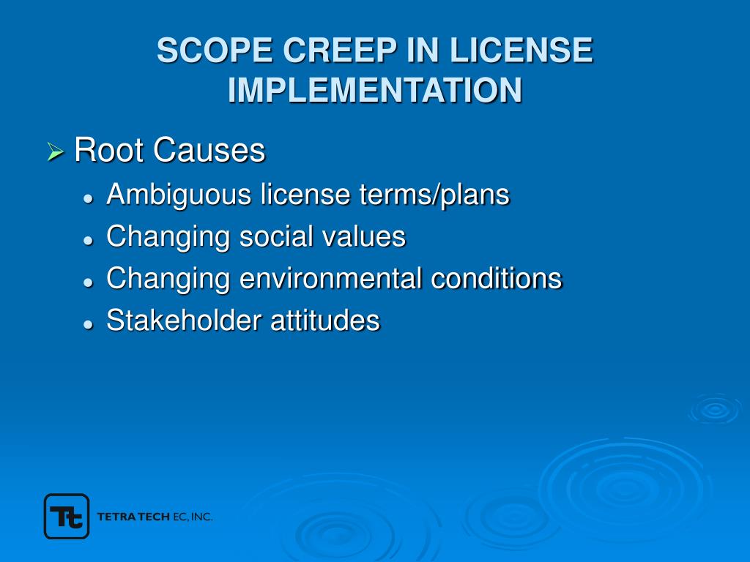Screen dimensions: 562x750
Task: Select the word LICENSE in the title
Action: [x=521, y=51]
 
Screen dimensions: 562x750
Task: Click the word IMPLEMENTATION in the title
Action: [x=375, y=90]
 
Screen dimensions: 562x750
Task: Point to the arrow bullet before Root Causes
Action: [x=56, y=153]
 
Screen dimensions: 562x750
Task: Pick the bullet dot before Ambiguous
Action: [x=88, y=198]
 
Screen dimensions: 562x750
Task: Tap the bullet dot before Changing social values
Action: [x=88, y=240]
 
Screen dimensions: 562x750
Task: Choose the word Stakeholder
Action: [x=184, y=321]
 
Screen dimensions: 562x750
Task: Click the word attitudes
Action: [x=325, y=321]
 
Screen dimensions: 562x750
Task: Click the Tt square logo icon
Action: [x=67, y=517]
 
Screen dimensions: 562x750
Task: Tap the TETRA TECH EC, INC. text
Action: [x=155, y=517]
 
